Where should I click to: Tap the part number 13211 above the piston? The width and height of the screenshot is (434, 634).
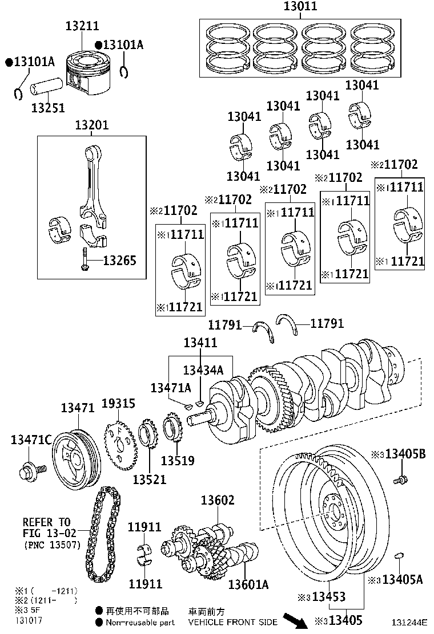82,26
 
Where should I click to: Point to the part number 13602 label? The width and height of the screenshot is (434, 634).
217,500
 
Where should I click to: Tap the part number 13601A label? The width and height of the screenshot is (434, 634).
248,584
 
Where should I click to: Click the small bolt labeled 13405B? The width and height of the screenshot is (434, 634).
401,479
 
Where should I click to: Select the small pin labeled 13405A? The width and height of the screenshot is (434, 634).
400,555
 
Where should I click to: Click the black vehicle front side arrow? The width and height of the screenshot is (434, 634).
298,620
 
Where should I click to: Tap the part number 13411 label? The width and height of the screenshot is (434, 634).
200,343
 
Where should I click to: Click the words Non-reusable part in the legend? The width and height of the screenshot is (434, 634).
140,623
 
